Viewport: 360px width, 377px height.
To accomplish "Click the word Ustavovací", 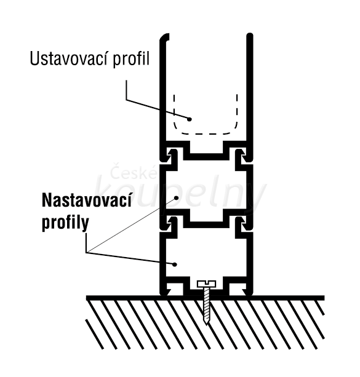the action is click(x=68, y=58).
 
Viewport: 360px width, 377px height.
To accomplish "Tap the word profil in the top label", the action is click(x=132, y=59).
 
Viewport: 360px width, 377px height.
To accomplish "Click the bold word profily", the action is click(x=65, y=223).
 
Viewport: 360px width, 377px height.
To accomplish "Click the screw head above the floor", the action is click(x=207, y=284).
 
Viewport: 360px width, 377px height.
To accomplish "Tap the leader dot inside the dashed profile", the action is click(x=190, y=119).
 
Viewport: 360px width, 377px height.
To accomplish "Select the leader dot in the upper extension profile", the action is click(x=176, y=198).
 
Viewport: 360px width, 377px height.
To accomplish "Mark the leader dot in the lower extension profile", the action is click(x=175, y=264).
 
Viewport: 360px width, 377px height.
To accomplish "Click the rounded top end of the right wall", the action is click(x=250, y=36).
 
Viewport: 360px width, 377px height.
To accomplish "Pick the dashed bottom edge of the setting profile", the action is click(x=206, y=133).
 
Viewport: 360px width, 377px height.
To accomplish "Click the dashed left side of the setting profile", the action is click(x=174, y=111).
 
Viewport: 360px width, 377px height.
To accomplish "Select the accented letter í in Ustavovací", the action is click(x=105, y=58).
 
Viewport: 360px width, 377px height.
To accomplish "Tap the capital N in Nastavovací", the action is click(x=47, y=200).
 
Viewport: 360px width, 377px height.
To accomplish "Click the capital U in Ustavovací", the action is click(x=34, y=59).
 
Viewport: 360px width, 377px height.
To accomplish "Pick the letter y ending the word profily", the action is click(x=85, y=225).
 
